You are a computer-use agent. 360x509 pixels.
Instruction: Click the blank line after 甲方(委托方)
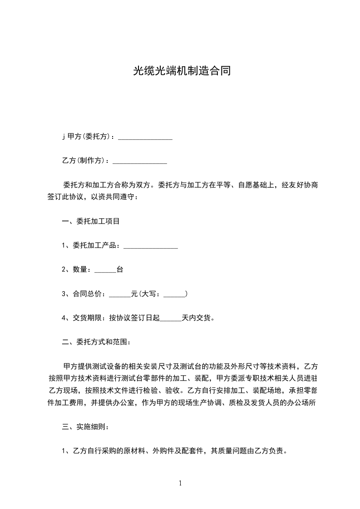145,137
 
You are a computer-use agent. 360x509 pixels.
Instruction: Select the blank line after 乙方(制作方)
140,161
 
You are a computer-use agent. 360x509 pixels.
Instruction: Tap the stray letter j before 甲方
64,137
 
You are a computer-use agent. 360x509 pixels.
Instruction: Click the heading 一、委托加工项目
91,222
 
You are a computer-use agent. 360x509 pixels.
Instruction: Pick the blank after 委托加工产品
150,246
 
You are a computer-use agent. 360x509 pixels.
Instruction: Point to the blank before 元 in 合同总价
120,294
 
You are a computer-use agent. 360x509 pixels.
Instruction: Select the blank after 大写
174,294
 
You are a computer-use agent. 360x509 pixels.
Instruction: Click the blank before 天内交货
171,318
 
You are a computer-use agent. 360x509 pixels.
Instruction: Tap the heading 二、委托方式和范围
97,342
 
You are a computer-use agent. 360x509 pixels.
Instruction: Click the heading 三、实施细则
85,427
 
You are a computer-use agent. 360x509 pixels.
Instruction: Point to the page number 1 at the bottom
180,484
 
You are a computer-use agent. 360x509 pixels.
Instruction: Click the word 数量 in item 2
79,270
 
